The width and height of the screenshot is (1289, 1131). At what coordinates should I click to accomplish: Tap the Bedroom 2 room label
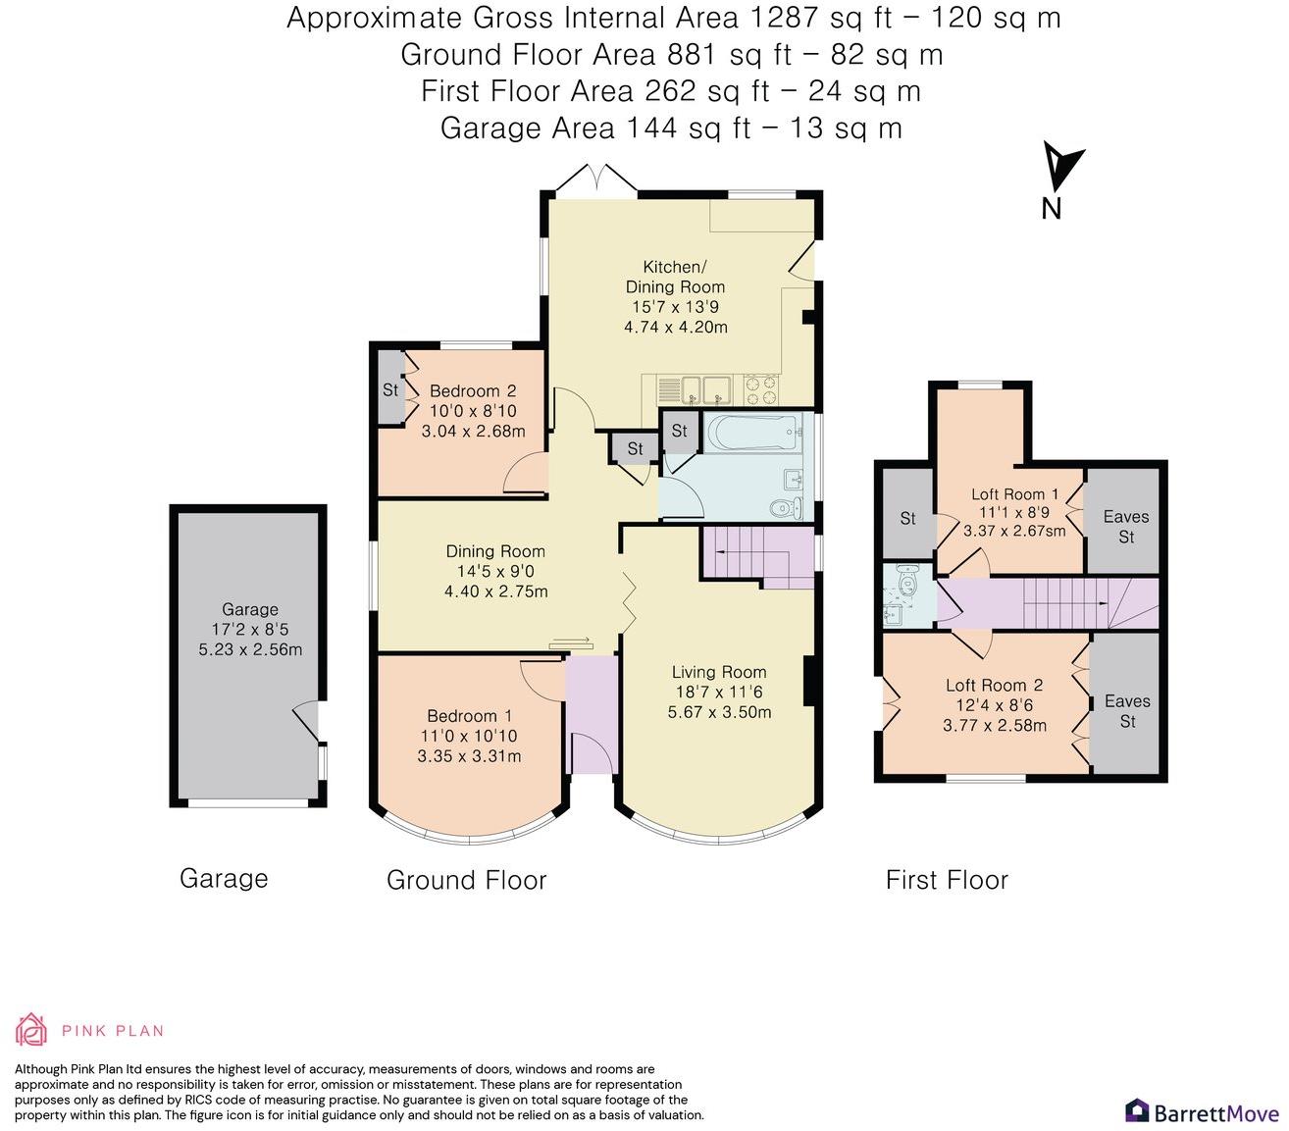473,390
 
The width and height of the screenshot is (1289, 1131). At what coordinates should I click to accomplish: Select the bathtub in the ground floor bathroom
751,433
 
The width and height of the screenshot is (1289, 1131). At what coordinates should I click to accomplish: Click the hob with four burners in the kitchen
761,390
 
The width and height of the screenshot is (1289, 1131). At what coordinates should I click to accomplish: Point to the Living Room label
719,672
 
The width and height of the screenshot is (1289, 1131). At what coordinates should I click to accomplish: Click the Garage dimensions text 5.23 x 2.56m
250,649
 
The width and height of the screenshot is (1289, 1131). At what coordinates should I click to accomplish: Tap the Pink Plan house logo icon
31,1030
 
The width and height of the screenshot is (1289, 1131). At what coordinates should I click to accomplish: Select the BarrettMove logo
1202,1111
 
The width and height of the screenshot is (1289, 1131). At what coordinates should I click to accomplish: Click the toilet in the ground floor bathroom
786,507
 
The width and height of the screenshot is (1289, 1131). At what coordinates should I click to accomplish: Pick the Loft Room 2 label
995,685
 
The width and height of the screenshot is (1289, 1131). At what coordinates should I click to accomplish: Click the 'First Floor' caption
947,880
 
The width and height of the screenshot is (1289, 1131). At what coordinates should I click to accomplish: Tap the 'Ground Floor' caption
466,880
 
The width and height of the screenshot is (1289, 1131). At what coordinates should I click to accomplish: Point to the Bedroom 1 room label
470,716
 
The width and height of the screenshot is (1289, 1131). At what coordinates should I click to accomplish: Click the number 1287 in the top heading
783,18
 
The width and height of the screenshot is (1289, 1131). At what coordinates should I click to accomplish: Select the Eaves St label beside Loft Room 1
1126,527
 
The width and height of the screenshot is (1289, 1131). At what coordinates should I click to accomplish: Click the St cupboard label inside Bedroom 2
390,388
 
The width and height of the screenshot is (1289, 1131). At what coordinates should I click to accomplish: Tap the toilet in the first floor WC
904,578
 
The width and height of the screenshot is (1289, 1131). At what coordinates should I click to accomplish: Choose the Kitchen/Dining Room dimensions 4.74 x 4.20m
676,327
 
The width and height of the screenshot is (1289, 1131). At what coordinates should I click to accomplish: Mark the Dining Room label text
495,551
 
